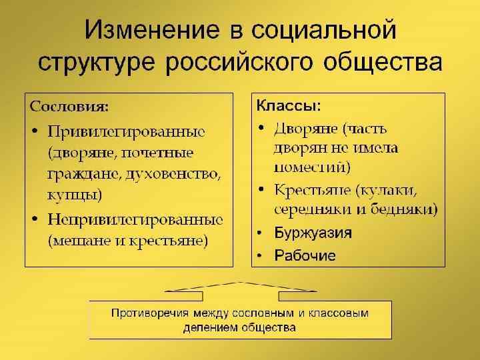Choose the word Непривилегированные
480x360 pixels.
coord(135,219)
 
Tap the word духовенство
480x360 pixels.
coord(176,174)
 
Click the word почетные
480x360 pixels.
coord(163,152)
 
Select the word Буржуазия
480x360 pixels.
coord(313,233)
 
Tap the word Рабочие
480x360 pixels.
coord(305,255)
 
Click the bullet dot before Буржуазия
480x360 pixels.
coord(261,233)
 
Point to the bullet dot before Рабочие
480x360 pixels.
coord(261,256)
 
